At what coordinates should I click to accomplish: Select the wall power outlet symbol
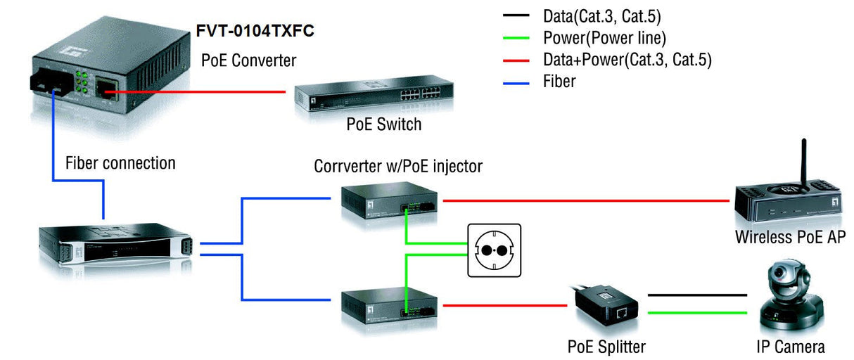click(495, 250)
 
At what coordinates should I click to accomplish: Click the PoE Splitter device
click(606, 308)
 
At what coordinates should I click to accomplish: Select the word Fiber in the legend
click(559, 82)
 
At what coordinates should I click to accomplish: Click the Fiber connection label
click(120, 164)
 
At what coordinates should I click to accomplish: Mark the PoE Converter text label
click(248, 60)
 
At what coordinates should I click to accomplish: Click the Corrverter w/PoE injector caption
click(398, 166)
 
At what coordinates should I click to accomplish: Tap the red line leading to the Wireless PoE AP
click(584, 200)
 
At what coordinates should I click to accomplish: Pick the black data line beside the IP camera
click(696, 295)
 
